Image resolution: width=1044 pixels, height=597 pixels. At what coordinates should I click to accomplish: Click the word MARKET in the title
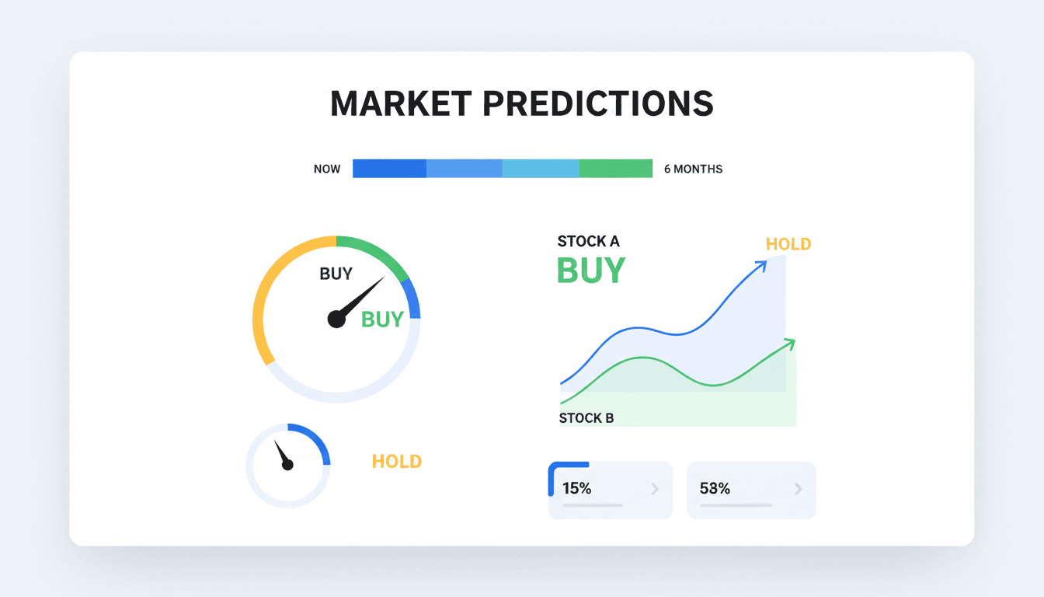point(400,104)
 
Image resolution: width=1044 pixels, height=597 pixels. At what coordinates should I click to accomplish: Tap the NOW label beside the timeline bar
point(327,169)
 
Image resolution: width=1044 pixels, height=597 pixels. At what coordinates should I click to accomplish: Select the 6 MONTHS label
point(693,169)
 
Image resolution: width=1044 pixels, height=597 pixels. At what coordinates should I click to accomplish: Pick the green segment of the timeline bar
point(616,169)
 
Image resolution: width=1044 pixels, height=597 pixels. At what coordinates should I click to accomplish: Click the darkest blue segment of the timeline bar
point(389,169)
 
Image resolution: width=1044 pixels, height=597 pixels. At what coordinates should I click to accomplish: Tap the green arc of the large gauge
point(377,253)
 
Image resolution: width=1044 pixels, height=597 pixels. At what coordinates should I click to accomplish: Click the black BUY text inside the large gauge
point(336,274)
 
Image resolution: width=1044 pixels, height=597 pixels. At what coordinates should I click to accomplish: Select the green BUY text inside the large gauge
point(382,319)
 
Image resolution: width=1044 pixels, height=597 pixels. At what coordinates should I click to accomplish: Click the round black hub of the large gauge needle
point(336,319)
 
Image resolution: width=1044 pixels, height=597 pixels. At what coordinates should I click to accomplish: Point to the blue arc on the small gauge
point(317,439)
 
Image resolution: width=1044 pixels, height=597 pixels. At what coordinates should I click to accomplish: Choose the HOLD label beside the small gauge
point(396,461)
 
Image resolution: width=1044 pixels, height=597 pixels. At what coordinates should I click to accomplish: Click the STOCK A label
point(589,242)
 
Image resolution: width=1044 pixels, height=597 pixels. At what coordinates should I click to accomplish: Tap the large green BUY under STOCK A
point(590,271)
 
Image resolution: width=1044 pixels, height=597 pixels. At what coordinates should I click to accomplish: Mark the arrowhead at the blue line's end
point(761,265)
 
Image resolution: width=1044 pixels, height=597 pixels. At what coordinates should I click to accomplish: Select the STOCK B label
point(586,418)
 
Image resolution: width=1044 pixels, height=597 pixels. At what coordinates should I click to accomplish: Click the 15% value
point(577,489)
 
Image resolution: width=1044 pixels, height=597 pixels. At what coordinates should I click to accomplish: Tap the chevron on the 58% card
point(798,489)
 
